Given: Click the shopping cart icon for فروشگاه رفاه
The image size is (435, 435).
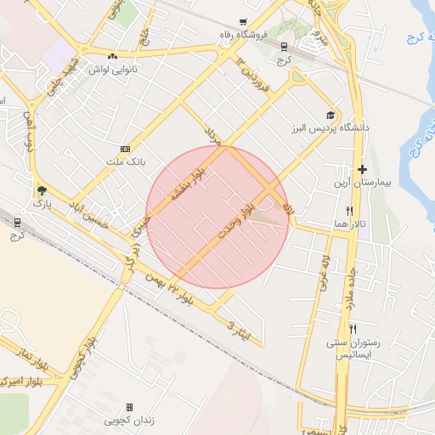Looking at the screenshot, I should click(244, 22).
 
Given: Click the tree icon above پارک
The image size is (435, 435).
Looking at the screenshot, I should click(42, 190).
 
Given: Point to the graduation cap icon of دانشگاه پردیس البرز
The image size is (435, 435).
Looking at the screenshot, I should click(330, 115).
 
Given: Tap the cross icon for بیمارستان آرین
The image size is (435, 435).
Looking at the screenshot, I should click(362, 170).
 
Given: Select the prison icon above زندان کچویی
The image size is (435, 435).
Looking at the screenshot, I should click(129, 407).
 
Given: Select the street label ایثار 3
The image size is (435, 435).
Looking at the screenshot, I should click(240, 330).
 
